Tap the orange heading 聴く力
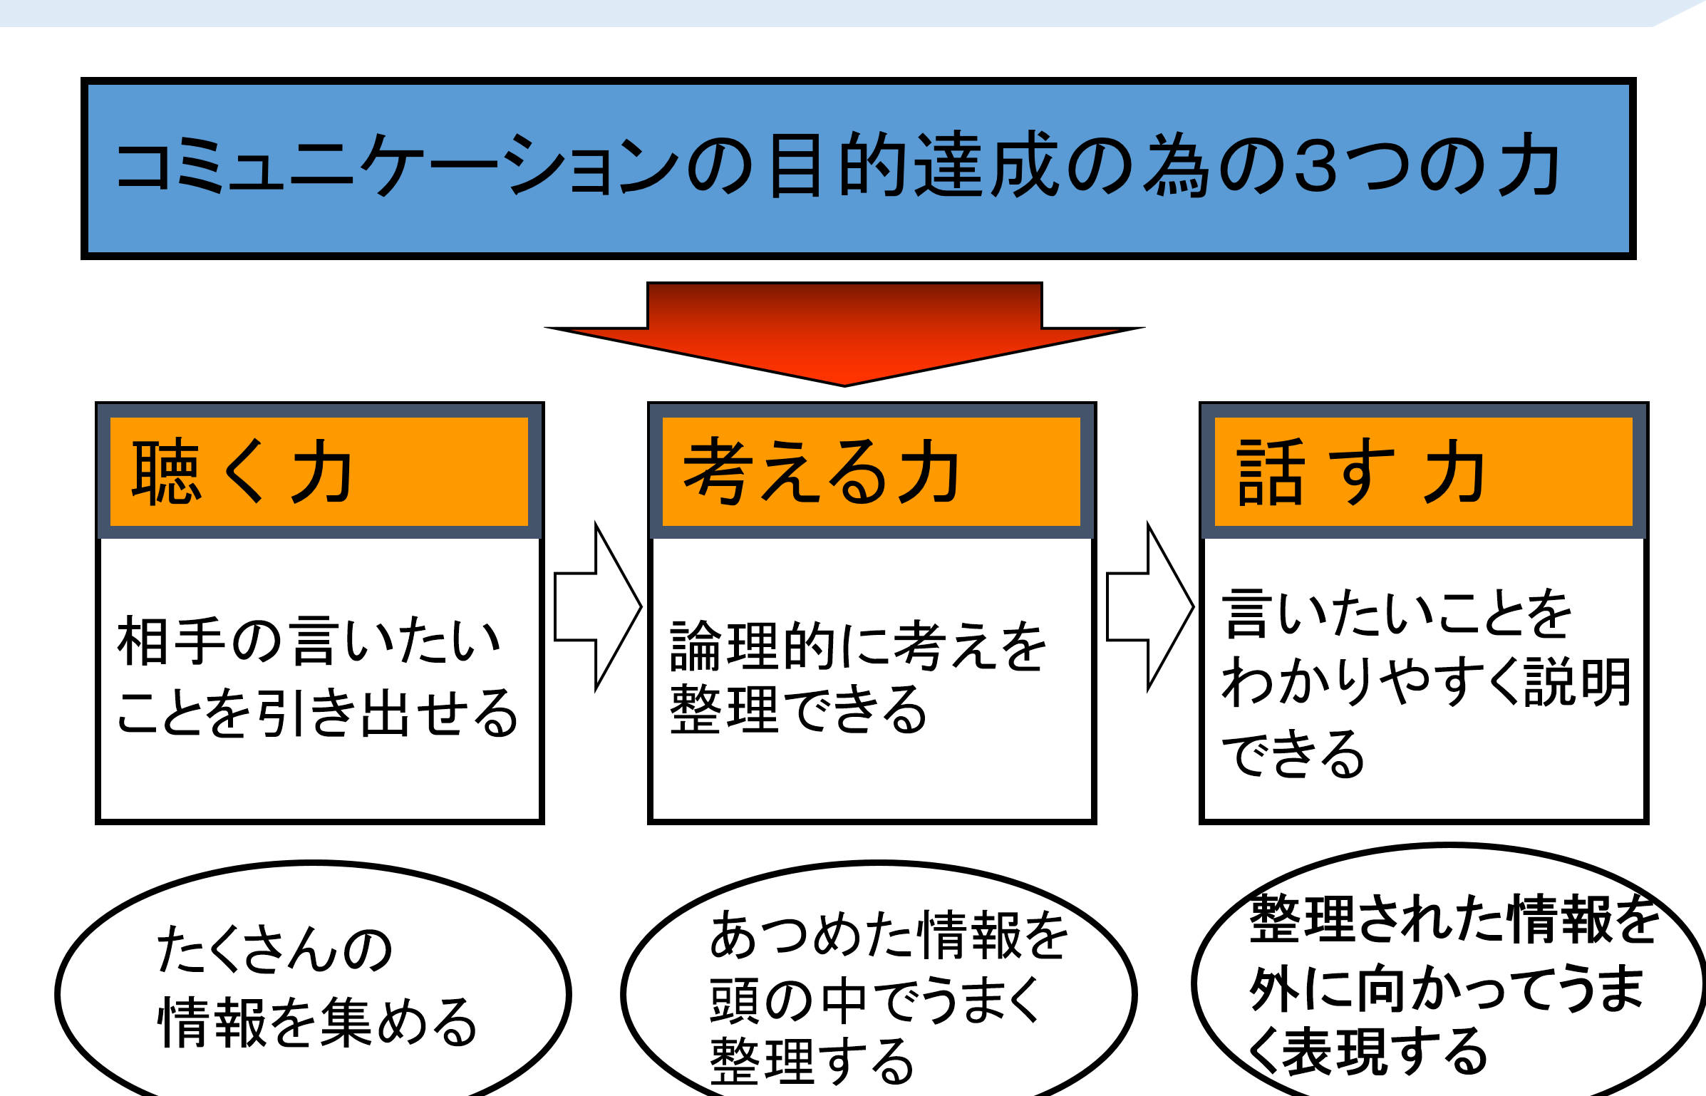coord(242,472)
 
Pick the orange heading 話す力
coord(1361,472)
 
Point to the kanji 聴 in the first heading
coord(165,472)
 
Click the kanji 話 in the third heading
coord(1270,472)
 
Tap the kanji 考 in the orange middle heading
coord(716,472)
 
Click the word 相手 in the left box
coord(171,641)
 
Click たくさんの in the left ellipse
coord(274,949)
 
